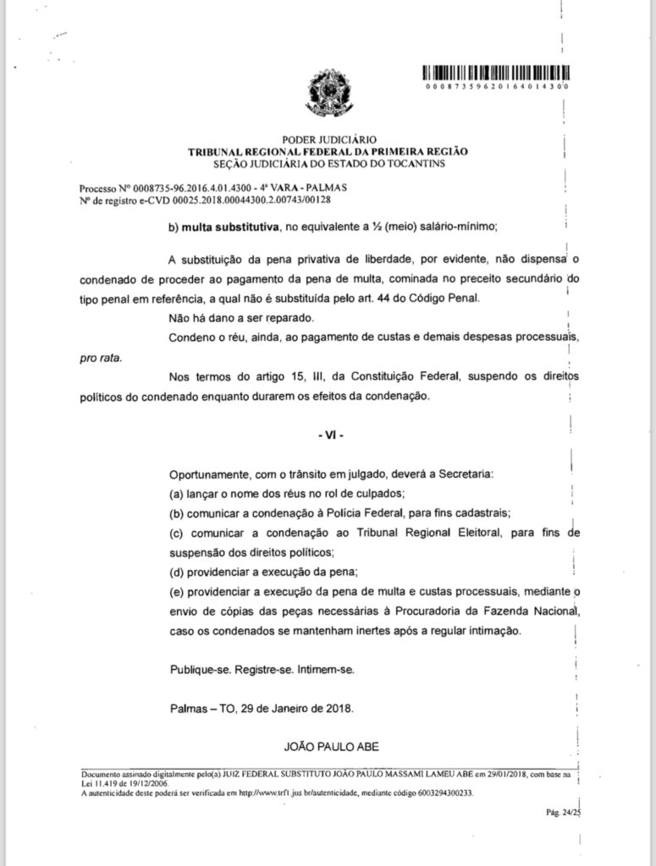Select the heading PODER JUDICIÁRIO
pyautogui.click(x=327, y=140)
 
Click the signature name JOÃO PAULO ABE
pyautogui.click(x=328, y=745)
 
